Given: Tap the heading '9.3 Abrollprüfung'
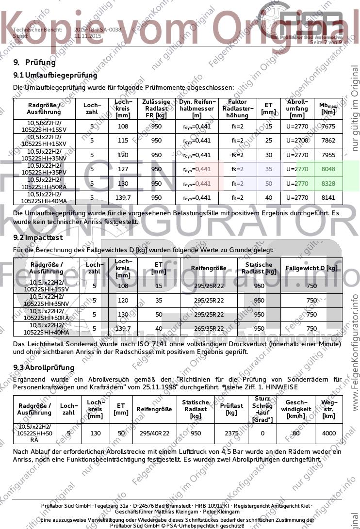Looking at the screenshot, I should point(44,368).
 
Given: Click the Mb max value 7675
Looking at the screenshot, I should point(328,127).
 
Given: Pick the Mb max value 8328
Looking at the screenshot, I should point(328,184).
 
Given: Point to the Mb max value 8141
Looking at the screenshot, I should point(328,198).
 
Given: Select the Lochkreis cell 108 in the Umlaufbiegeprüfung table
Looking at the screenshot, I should point(123,127).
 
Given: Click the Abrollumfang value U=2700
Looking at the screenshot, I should point(297,141).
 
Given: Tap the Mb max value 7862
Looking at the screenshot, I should point(328,141).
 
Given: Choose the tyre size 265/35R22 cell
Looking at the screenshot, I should point(208,329).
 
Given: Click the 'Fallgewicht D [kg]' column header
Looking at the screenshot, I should point(311,268).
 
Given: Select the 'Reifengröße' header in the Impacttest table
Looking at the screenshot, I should point(208,268).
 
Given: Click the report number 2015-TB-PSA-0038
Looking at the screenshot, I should point(98,30).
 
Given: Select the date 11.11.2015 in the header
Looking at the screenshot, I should point(88,36).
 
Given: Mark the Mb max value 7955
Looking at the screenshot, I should point(328,155).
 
